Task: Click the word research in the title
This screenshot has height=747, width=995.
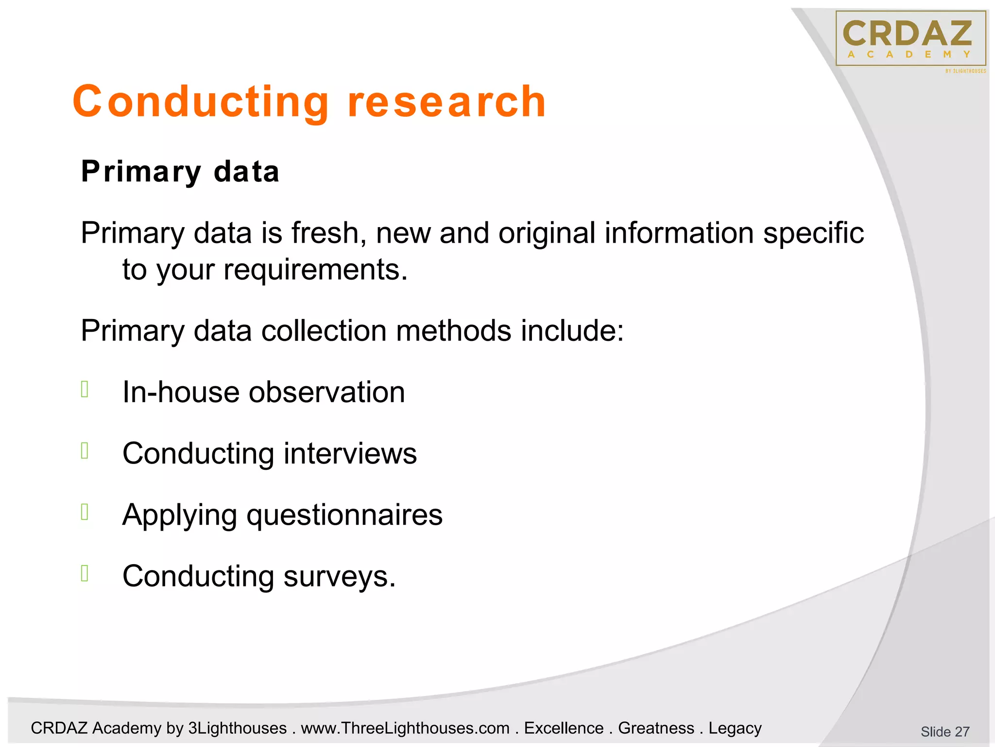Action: (447, 102)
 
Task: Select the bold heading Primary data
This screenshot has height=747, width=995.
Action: (180, 172)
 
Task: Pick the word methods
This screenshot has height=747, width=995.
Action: (453, 331)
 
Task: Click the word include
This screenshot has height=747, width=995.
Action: (572, 331)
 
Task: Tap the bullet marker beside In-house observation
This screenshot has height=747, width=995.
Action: (85, 389)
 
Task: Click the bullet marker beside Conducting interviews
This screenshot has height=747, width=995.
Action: (85, 451)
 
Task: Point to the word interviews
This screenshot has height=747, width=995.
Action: (350, 453)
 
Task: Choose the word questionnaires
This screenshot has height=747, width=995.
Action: (344, 515)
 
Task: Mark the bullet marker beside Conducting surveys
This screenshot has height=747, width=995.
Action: (85, 573)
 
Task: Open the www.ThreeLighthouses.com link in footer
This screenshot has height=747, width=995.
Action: (405, 728)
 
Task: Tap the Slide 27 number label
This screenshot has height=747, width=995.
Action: (944, 731)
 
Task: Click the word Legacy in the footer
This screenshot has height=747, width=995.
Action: (735, 728)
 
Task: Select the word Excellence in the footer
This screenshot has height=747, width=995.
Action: (564, 728)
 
